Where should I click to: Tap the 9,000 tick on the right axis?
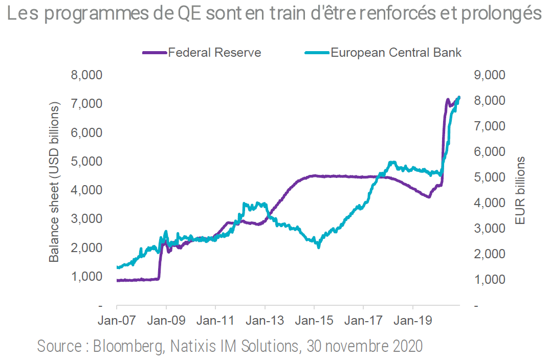pos(490,75)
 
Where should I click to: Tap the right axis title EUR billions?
pos(520,191)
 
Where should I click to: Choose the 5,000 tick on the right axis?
pos(490,177)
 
